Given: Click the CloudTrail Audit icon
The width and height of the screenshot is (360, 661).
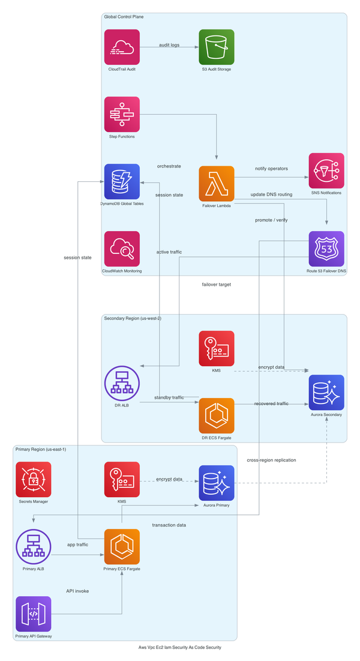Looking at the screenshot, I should coord(122,47).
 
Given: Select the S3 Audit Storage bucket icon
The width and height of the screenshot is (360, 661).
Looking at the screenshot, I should coord(217,47).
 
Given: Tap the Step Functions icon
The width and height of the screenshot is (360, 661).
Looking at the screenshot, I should coord(122,114).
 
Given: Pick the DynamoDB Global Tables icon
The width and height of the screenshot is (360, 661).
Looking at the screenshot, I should coord(122,181).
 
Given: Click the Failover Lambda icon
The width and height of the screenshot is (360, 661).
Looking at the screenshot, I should coord(217,184).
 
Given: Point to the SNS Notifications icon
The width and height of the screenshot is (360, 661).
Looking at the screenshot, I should coord(326,171).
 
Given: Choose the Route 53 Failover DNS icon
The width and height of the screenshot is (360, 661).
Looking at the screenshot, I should coord(326,249).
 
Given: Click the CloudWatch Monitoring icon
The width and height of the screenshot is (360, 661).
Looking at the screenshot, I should coord(122,249).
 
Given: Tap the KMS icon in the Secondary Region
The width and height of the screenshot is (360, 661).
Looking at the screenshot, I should coord(217,348).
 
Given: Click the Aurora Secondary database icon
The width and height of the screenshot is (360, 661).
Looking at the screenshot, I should coord(326,392).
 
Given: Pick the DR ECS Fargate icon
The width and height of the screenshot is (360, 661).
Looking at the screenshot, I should coord(217,415).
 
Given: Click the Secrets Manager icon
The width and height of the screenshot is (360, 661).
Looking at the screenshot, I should coord(34,479).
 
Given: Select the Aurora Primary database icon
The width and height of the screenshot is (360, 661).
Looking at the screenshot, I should coord(217,482).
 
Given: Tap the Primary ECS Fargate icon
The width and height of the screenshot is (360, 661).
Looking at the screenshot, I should coord(122,546).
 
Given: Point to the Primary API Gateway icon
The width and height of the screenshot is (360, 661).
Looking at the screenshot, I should coord(34,614).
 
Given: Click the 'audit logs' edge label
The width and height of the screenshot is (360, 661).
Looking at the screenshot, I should coord(169,45).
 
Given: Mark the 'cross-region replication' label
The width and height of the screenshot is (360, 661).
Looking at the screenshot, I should coord(271,460).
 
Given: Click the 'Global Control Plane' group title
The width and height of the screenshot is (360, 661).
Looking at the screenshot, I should coord(124,17).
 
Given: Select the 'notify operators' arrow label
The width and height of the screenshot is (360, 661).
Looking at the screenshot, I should coord(271,169).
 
